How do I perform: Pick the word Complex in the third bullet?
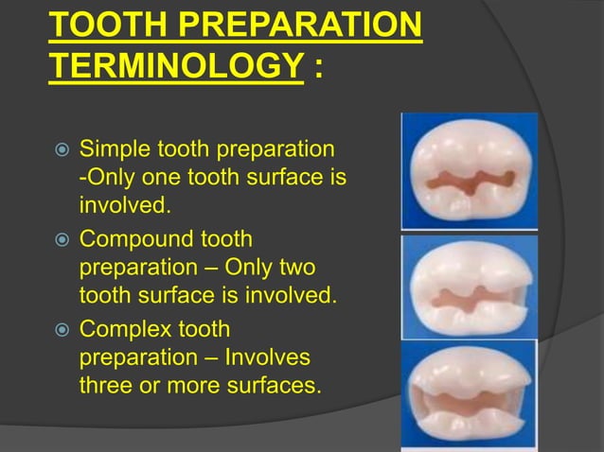click(x=125, y=329)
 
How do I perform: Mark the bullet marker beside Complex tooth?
click(x=59, y=330)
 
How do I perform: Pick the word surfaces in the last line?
click(x=270, y=386)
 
